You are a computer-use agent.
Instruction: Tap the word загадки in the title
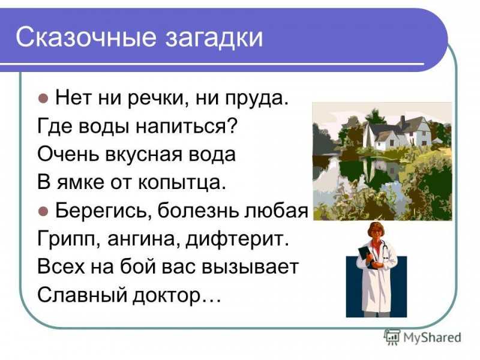(x=214, y=37)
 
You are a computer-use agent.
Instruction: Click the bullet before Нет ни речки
(x=43, y=98)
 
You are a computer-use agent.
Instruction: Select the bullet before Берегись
(x=43, y=211)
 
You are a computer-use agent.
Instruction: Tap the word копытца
(x=182, y=183)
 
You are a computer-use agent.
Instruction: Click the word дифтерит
(x=238, y=239)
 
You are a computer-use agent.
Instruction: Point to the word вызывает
(x=250, y=267)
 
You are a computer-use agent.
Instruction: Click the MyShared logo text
(x=432, y=338)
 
